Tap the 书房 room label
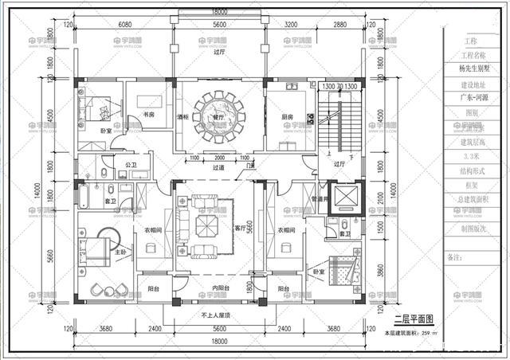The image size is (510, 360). click(x=148, y=115)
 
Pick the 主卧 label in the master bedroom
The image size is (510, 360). click(x=121, y=252)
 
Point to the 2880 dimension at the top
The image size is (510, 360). click(x=341, y=25)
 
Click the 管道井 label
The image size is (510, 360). click(x=320, y=200)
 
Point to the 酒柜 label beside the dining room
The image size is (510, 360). click(x=182, y=117)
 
